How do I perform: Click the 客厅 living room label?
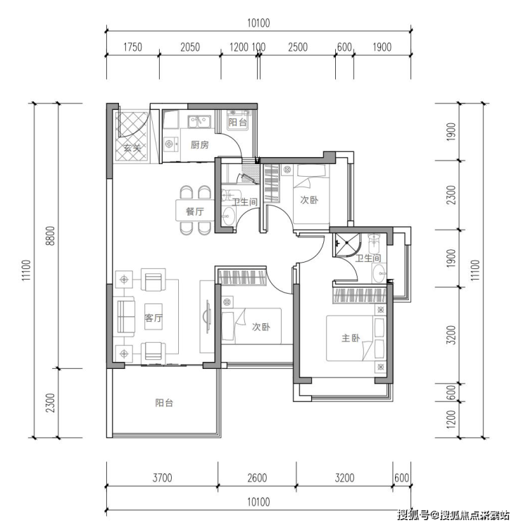coord(153,318)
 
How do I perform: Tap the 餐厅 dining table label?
coord(194,211)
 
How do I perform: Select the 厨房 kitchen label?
coord(200,144)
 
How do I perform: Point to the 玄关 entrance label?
coord(132,147)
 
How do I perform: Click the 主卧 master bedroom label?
coord(351,338)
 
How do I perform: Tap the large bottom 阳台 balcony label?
coord(164,403)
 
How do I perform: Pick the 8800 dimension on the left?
coord(50,236)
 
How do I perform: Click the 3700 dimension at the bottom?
coord(163,477)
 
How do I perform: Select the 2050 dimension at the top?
coord(190,47)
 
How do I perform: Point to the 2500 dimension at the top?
coord(298,47)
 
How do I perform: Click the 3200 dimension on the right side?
coord(452,334)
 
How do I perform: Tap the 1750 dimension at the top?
coord(132,47)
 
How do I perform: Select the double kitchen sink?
coord(199,122)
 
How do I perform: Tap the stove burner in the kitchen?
coord(169,144)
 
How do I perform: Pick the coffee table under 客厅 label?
coord(153,317)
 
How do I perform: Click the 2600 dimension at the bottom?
coord(257,477)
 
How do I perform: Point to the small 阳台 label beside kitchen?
coord(237,122)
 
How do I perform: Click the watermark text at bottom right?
coord(453,515)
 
